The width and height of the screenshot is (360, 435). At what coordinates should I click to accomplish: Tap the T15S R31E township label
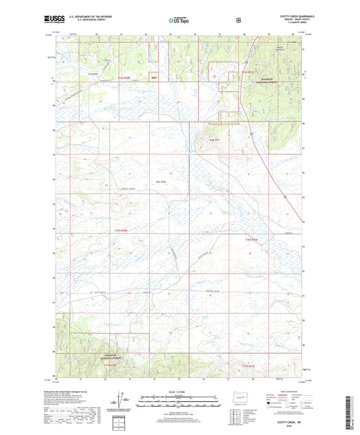point(250,70)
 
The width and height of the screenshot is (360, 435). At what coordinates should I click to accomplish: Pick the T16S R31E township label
point(252,238)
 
